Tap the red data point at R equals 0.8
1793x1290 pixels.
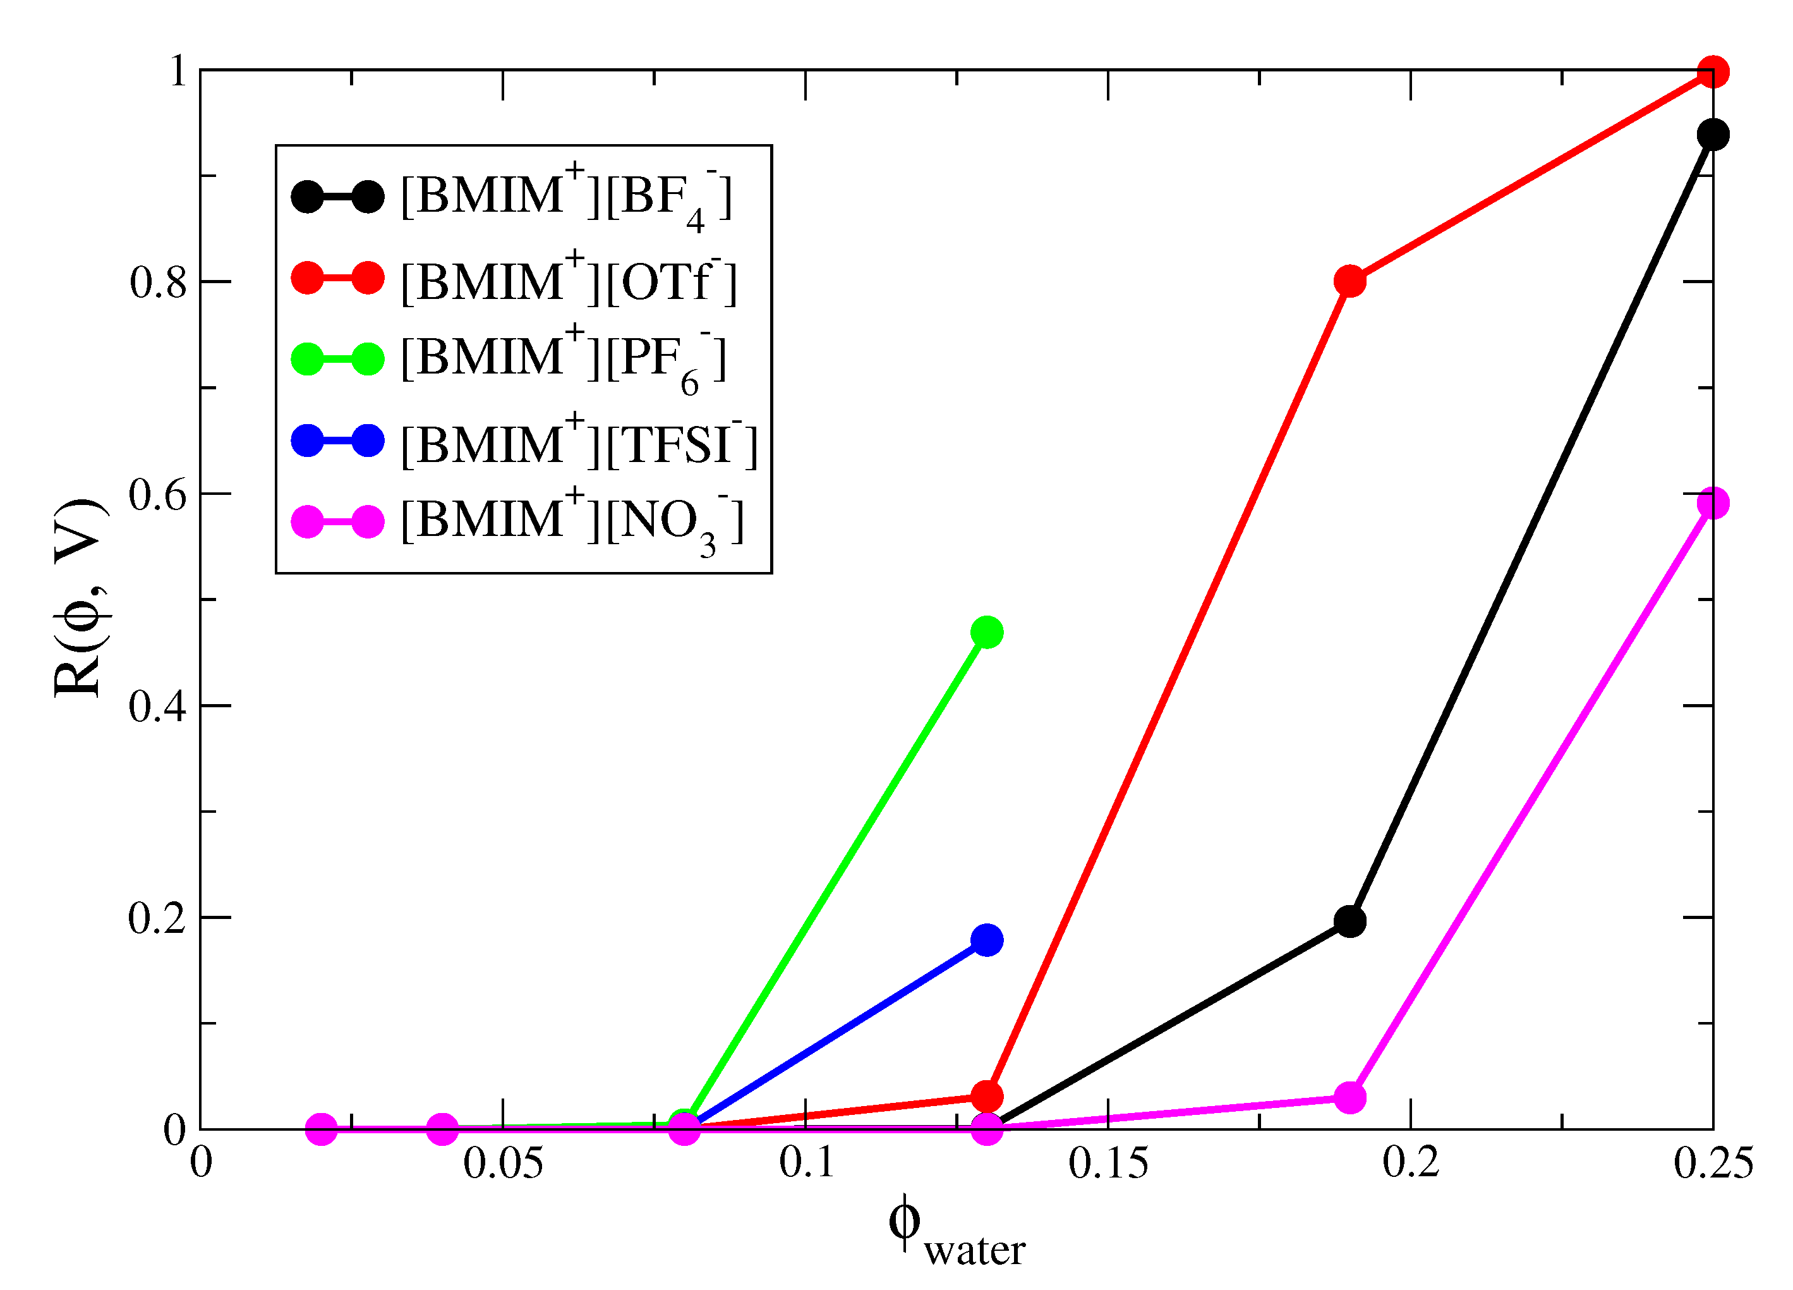click(x=1350, y=281)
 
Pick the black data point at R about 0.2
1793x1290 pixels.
click(x=1350, y=922)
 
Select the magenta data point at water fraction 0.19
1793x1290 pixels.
click(x=1350, y=1098)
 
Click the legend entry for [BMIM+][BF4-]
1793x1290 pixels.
click(x=566, y=196)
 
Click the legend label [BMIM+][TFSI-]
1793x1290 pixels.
click(x=579, y=444)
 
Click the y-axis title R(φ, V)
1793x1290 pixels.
click(x=79, y=599)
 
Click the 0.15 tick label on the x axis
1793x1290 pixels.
click(x=1108, y=1164)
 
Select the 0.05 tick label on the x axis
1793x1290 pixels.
click(x=503, y=1164)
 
